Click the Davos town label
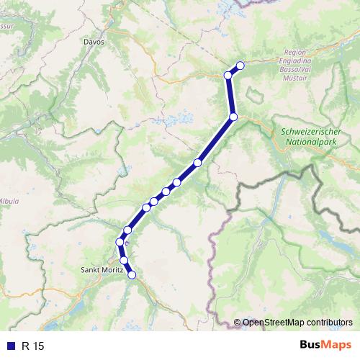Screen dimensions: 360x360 [94, 42]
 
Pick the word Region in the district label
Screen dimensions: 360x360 [296, 53]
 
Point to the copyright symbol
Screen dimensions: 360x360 [238, 323]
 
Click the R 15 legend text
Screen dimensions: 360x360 [32, 346]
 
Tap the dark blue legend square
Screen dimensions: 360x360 [12, 346]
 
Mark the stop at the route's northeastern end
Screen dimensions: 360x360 [240, 66]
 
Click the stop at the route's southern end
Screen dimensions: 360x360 [132, 274]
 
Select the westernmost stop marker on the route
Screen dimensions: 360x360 [120, 241]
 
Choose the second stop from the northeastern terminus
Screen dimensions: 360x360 [228, 75]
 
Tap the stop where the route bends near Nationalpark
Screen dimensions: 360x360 [233, 117]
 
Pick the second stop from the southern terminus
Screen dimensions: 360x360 [124, 260]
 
